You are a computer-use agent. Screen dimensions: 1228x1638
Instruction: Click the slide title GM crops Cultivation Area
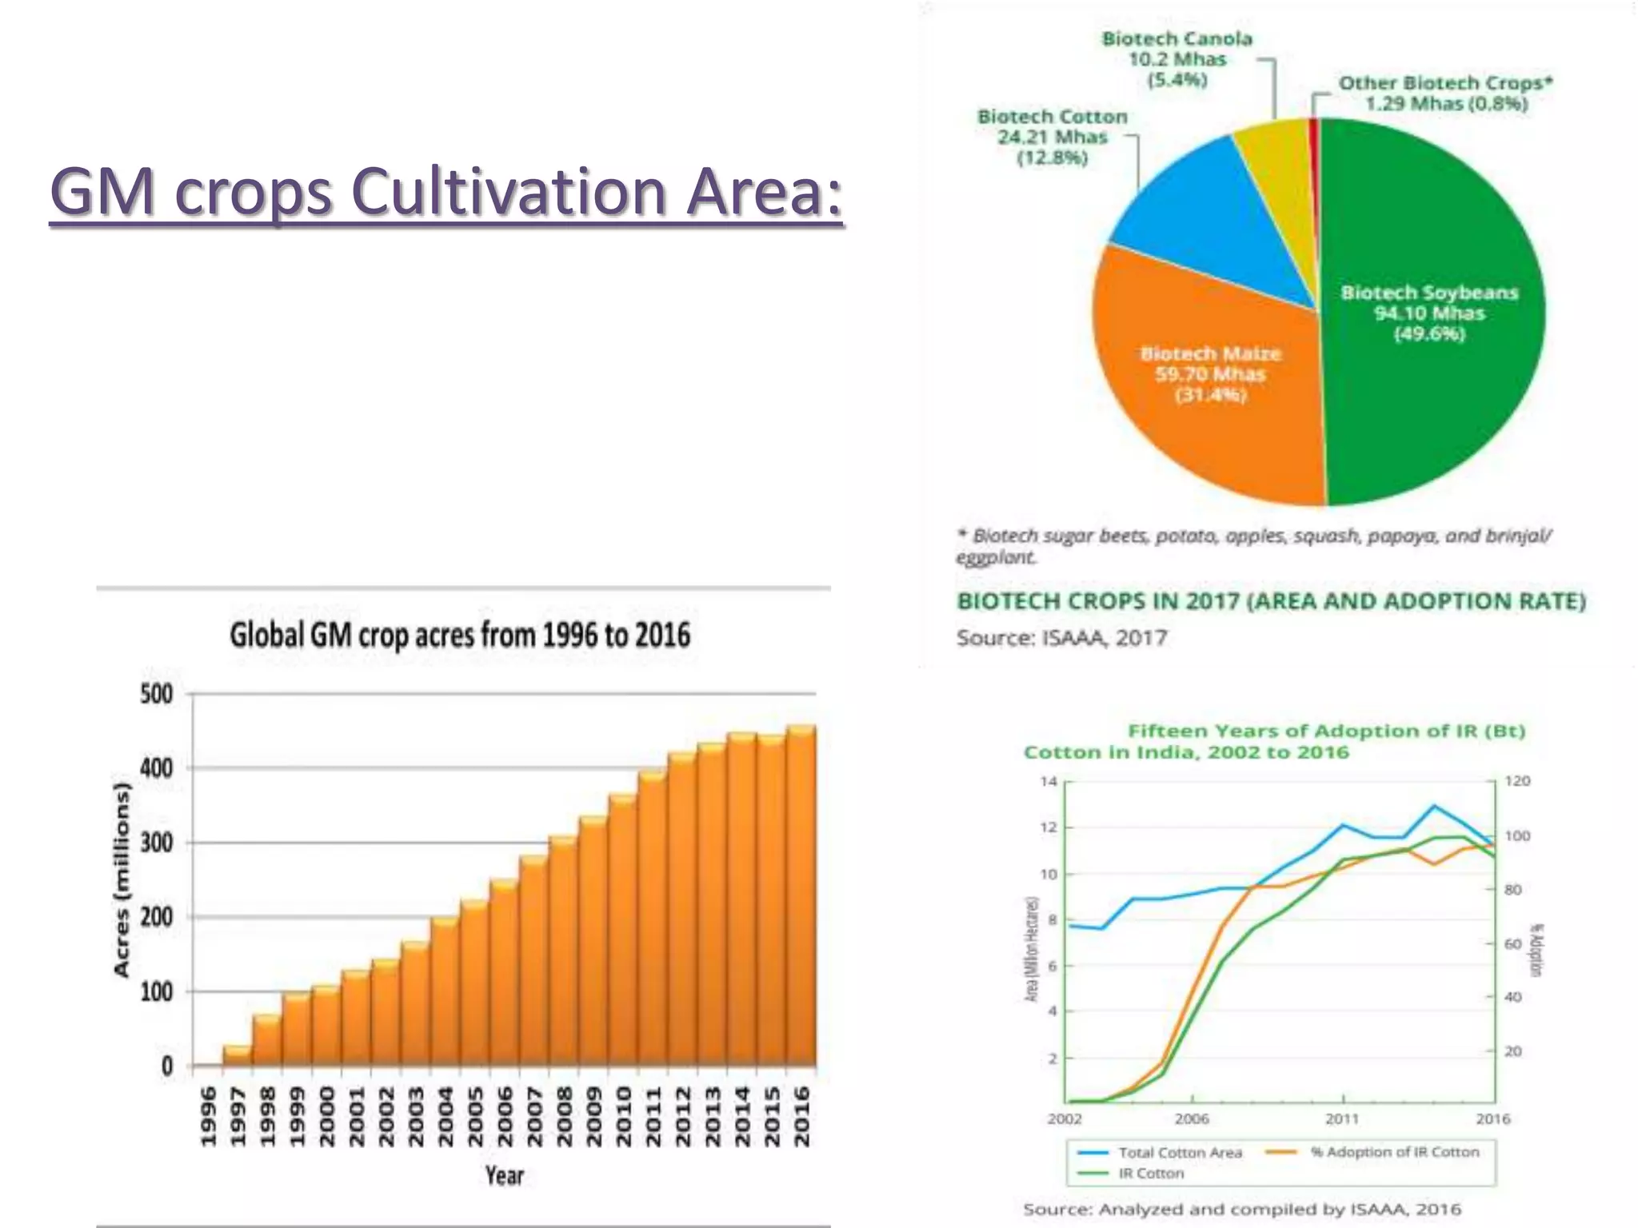(446, 193)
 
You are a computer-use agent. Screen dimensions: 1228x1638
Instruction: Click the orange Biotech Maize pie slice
(1208, 416)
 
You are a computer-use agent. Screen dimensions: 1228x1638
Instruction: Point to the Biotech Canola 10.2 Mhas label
(1177, 59)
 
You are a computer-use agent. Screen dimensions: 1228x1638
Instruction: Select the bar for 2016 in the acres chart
(801, 895)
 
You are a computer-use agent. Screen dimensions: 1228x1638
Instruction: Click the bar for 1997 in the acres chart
(238, 1055)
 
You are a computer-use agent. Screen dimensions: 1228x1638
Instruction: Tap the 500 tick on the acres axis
(157, 694)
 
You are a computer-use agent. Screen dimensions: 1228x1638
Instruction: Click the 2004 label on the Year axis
(445, 1116)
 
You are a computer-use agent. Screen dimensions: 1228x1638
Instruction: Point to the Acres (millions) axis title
(122, 879)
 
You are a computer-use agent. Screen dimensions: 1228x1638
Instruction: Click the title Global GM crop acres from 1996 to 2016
(460, 636)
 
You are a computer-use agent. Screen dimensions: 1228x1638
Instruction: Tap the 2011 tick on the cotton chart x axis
(1342, 1118)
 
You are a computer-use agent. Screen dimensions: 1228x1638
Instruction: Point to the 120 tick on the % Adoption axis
(1516, 781)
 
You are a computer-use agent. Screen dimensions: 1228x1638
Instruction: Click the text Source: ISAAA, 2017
(1062, 638)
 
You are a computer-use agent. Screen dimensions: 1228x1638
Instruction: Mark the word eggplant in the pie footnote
(995, 556)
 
